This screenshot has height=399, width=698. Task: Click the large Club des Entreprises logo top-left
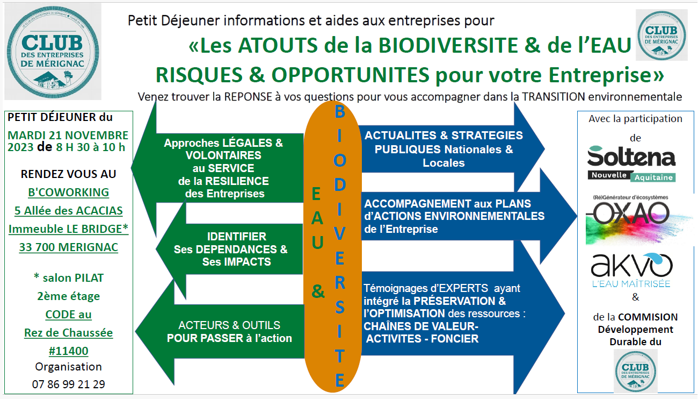(x=53, y=52)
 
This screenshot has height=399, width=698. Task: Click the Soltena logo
(x=631, y=163)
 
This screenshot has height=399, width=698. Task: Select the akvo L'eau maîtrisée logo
(x=631, y=270)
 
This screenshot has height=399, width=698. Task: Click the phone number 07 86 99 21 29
(x=69, y=384)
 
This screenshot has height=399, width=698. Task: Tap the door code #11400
(x=69, y=351)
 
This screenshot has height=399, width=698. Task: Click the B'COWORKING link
(x=69, y=192)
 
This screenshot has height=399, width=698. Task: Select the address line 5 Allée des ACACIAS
(x=69, y=211)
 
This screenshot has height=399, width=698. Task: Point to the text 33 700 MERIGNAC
(x=69, y=247)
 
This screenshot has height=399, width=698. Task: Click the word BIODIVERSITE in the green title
(x=448, y=45)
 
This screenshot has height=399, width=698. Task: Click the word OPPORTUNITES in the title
(x=351, y=75)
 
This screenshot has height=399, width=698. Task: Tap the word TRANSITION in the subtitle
(x=554, y=97)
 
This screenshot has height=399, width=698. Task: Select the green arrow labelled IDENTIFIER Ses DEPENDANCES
(x=230, y=249)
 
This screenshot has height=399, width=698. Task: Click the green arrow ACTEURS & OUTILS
(x=220, y=332)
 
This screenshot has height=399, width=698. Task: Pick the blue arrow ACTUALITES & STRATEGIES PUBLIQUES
(x=453, y=149)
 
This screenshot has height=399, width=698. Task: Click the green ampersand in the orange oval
(x=318, y=291)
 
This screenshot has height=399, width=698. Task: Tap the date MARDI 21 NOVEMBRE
(x=68, y=135)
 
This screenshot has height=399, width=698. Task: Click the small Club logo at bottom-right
(x=636, y=371)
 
